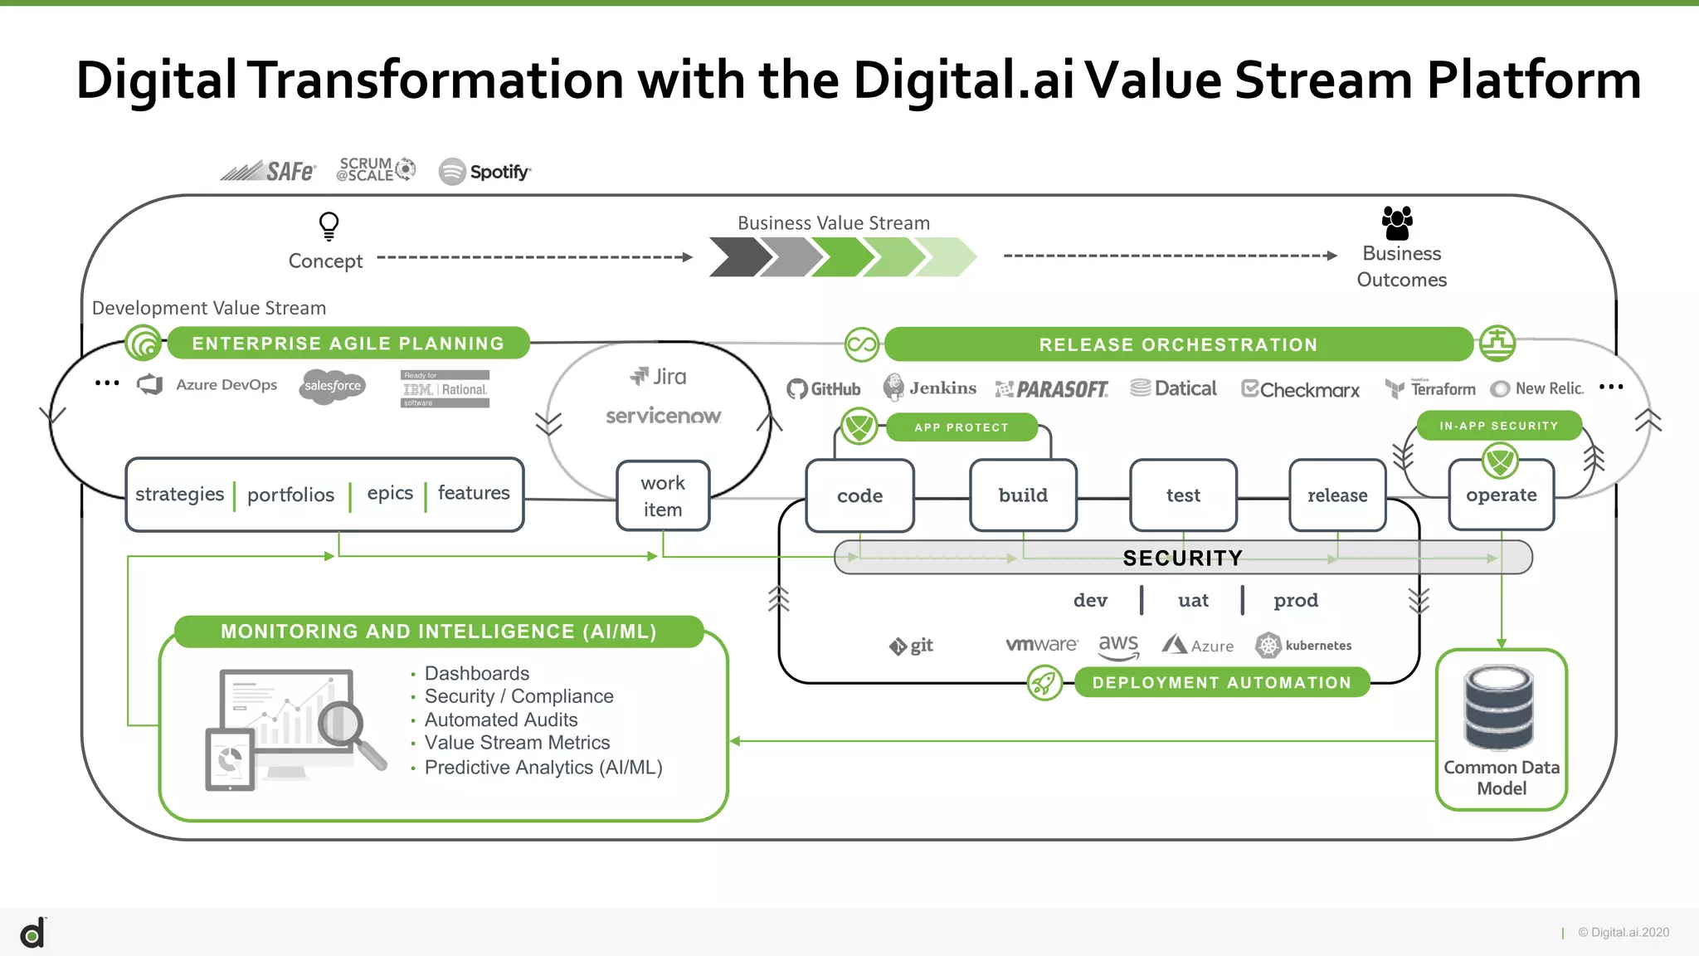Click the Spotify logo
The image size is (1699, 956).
coord(484,172)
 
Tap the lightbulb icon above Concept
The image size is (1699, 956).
coord(329,226)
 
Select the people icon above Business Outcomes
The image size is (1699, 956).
coord(1397,222)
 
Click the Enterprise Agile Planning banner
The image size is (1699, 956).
coord(348,344)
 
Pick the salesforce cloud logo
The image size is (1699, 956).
coord(333,386)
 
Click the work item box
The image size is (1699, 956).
coord(663,496)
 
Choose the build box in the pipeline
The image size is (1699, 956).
coord(1023,495)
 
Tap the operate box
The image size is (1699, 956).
coord(1501,495)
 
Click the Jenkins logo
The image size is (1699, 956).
coord(930,388)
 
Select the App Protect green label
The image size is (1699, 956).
coord(961,427)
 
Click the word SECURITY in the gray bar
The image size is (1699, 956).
coord(1182,558)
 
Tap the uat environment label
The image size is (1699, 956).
coord(1193,600)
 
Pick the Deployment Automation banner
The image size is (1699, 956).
coord(1221,682)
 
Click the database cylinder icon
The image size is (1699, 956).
coord(1499,708)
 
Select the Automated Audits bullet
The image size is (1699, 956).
coord(500,719)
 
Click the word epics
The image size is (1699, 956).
coord(390,493)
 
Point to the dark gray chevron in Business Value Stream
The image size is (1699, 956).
coord(738,256)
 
